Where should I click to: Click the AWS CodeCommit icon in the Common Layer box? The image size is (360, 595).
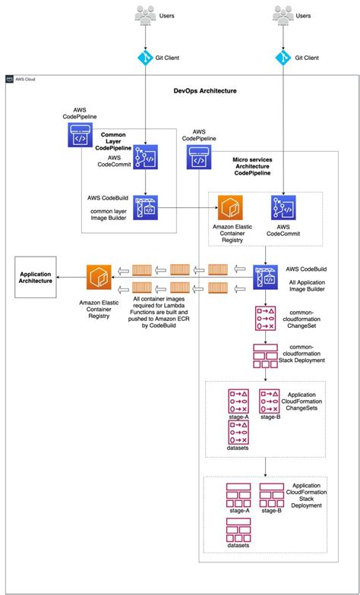click(x=146, y=158)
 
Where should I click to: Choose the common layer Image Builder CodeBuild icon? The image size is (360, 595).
click(x=146, y=207)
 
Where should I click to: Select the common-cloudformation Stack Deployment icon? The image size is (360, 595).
click(x=266, y=357)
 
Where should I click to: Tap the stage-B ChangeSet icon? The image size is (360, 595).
click(x=271, y=402)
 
